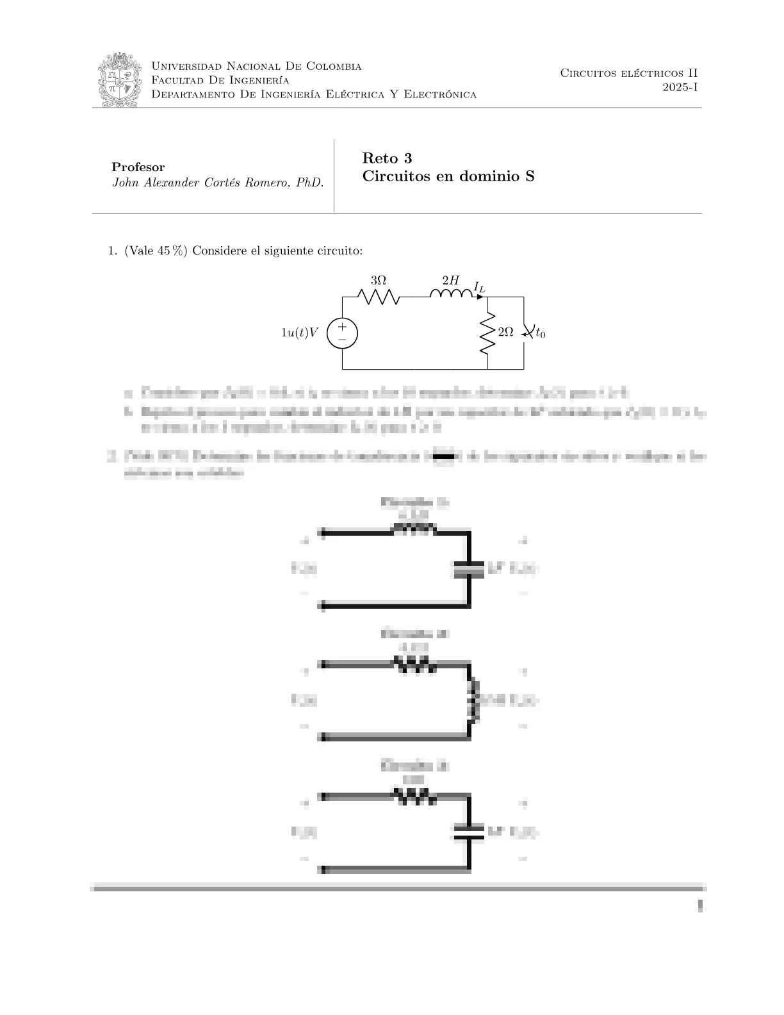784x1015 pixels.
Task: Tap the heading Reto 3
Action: point(387,158)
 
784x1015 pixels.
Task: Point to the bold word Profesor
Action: point(138,167)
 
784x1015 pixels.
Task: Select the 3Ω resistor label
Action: point(379,281)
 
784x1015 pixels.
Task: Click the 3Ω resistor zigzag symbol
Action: point(379,297)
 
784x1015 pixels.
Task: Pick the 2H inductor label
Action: point(450,280)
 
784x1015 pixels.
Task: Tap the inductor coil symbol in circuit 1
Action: point(452,294)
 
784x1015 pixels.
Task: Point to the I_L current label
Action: point(479,286)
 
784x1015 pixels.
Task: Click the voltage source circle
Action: point(342,333)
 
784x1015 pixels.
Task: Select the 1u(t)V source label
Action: point(300,333)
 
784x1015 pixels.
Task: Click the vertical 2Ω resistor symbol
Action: point(487,333)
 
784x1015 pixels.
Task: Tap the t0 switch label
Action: point(541,333)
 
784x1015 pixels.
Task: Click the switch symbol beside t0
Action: point(526,332)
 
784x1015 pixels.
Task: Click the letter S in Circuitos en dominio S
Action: point(529,176)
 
